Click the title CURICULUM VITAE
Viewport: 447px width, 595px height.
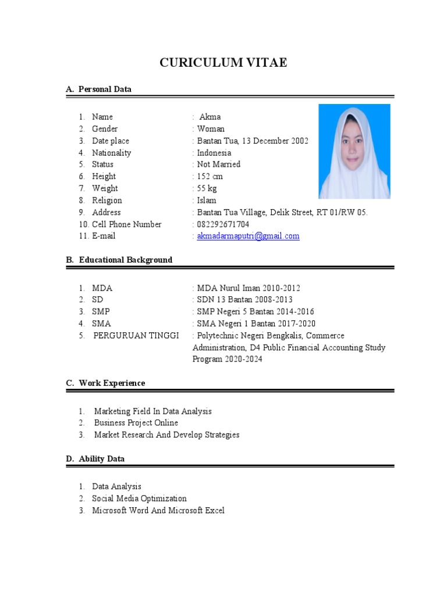(223, 63)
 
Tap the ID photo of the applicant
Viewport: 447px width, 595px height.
(354, 151)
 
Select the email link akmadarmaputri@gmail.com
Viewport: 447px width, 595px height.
(248, 236)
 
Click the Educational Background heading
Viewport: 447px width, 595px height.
(125, 260)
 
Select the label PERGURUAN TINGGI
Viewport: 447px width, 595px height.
(136, 335)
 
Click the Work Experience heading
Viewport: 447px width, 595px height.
(112, 383)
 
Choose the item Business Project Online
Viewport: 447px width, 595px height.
(136, 422)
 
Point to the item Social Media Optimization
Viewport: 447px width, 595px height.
(139, 498)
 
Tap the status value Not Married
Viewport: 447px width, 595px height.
(218, 164)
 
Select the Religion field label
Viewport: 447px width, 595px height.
(107, 200)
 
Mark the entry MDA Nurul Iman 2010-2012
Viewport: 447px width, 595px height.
(249, 288)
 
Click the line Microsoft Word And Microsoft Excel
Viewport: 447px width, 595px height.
(158, 510)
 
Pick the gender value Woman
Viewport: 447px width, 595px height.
(210, 129)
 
